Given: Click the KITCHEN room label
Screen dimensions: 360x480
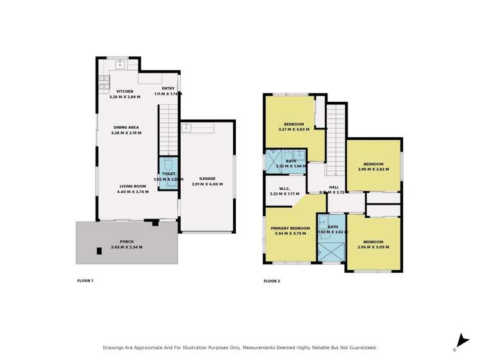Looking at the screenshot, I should pyautogui.click(x=125, y=92).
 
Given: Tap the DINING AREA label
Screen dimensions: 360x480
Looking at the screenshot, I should pyautogui.click(x=126, y=127).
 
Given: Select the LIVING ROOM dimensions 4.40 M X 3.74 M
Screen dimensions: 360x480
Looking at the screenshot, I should pyautogui.click(x=133, y=192).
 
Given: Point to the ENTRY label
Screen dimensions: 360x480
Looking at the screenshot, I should pyautogui.click(x=168, y=88).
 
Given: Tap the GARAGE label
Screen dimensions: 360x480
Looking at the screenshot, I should pyautogui.click(x=207, y=179).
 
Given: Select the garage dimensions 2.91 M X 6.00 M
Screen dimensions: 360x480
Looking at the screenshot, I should pyautogui.click(x=207, y=184).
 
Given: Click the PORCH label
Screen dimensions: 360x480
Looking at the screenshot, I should pyautogui.click(x=126, y=241).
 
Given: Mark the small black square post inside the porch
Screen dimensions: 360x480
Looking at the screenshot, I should pyautogui.click(x=99, y=251).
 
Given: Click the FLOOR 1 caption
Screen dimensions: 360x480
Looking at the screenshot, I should pyautogui.click(x=85, y=281).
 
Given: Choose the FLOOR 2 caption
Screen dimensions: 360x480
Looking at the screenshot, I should pyautogui.click(x=272, y=281).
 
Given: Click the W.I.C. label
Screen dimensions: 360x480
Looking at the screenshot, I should pyautogui.click(x=285, y=188).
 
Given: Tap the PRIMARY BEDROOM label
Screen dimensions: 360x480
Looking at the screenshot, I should pyautogui.click(x=290, y=228).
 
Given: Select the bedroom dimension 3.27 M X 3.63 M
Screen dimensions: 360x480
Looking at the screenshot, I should pyautogui.click(x=294, y=129).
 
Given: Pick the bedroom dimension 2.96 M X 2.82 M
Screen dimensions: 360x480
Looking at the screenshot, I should pyautogui.click(x=373, y=169).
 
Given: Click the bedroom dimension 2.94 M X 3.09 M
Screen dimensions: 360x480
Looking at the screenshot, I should pyautogui.click(x=373, y=247).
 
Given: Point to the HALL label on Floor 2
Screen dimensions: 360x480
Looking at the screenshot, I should pyautogui.click(x=334, y=187).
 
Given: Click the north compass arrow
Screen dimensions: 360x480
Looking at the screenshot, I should pyautogui.click(x=460, y=341).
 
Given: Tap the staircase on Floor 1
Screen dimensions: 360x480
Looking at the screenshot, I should pyautogui.click(x=168, y=128).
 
